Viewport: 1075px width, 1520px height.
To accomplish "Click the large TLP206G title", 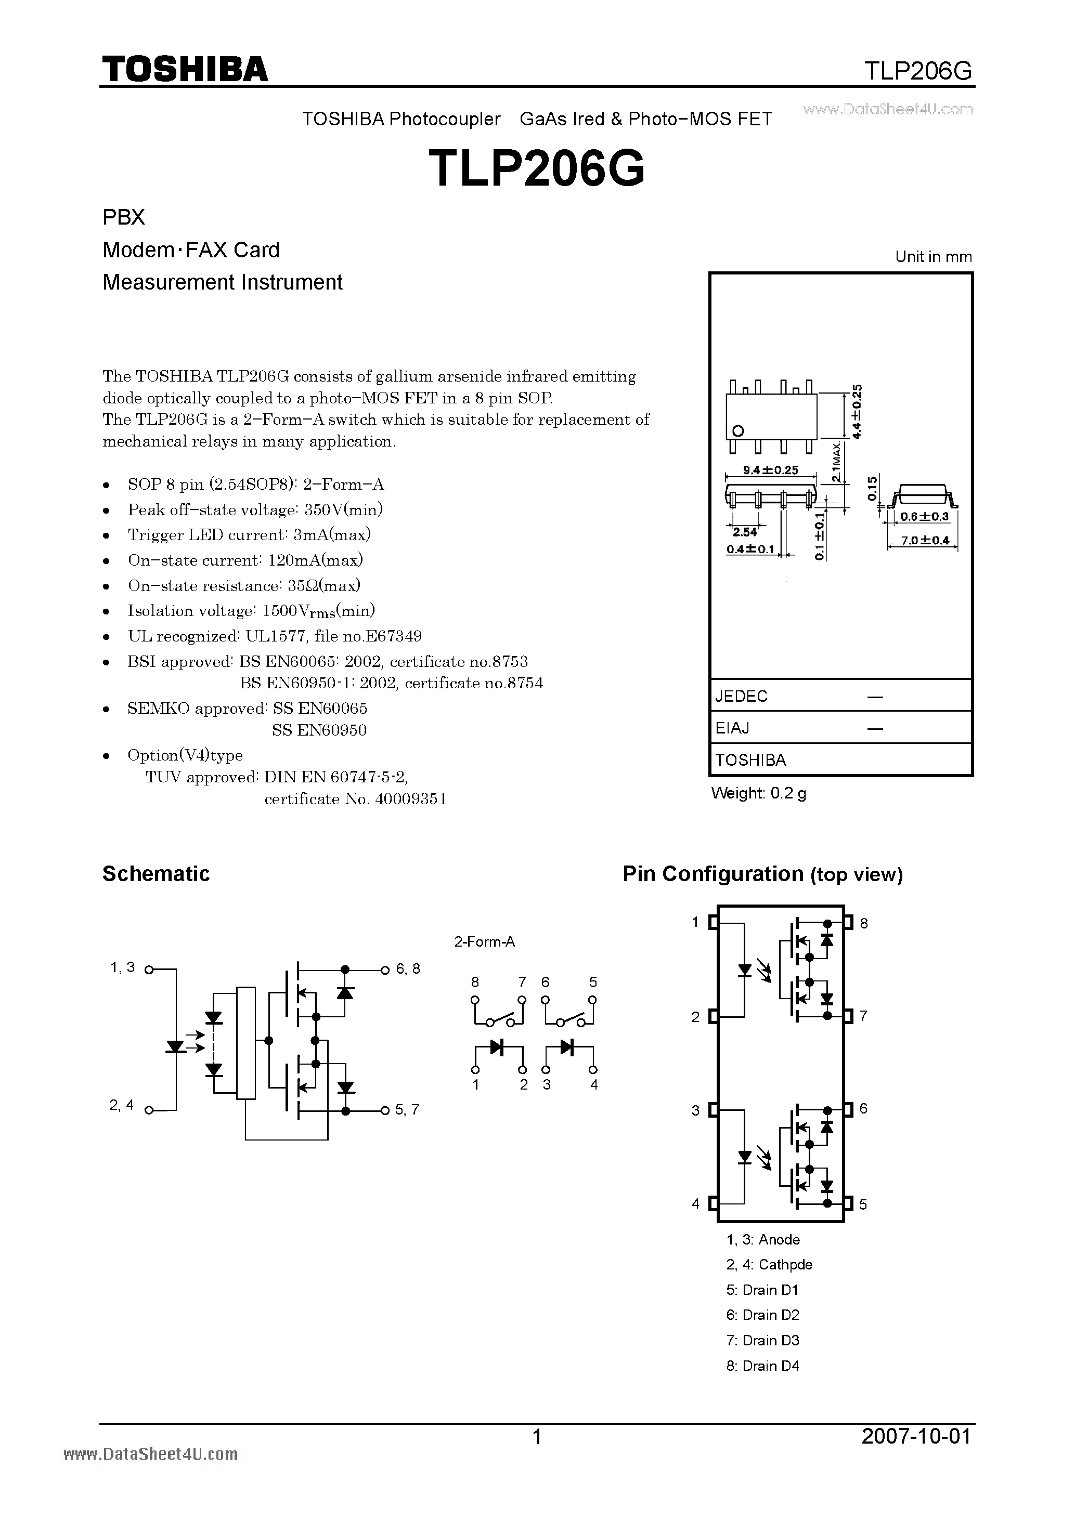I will click(537, 168).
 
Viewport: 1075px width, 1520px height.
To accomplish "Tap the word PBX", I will click(124, 217).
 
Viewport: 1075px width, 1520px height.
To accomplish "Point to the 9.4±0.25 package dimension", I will click(770, 470).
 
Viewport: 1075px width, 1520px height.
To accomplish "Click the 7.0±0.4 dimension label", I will click(925, 540).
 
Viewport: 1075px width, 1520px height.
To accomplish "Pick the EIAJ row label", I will click(732, 728).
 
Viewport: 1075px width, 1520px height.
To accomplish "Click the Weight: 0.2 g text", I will click(758, 793).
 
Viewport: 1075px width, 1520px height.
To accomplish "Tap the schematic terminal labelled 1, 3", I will click(123, 968).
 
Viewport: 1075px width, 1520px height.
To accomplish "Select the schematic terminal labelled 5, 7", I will click(407, 1109).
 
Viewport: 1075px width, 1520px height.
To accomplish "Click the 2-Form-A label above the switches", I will click(484, 941).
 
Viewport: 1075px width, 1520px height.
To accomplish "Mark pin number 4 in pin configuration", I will click(695, 1203).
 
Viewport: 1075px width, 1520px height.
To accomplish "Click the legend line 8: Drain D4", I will click(762, 1366).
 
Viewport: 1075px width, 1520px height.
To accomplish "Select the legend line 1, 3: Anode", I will click(763, 1239).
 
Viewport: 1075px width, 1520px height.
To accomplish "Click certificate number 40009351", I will click(411, 799).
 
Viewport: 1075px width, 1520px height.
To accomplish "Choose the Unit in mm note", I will click(933, 257).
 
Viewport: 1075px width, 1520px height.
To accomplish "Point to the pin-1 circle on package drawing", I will click(739, 431).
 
